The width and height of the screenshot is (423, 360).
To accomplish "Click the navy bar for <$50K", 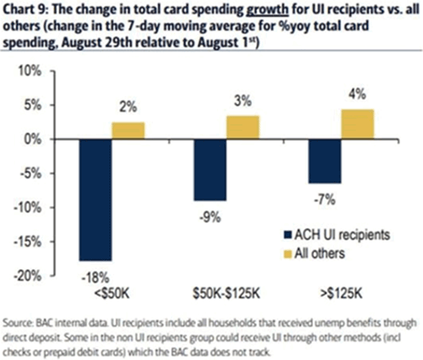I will [95, 199].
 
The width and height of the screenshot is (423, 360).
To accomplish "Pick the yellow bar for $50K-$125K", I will [243, 127].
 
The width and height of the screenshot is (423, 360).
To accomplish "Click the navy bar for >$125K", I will [324, 161].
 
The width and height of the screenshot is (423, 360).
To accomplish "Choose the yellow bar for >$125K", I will [358, 124].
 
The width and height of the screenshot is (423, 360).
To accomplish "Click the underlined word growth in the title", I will [229, 11].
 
